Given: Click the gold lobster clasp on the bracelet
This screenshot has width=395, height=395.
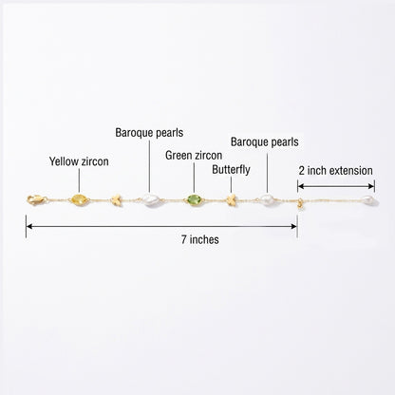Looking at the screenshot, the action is (37, 199).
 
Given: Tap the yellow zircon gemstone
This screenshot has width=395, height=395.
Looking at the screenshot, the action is (79, 199).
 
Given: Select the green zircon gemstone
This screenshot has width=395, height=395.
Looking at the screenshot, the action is (194, 200).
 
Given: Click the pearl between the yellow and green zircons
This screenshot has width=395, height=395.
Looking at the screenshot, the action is (150, 200).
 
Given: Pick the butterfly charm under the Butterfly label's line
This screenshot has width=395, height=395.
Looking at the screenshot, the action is (232, 200).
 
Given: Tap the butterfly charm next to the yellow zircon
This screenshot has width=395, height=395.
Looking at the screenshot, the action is (117, 200).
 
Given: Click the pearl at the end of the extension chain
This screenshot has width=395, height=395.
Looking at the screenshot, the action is (368, 200).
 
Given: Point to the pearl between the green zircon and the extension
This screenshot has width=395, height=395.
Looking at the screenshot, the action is (267, 200).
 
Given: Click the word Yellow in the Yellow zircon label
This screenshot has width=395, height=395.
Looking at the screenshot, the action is (64, 161).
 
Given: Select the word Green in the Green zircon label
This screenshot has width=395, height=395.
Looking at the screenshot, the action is (179, 156).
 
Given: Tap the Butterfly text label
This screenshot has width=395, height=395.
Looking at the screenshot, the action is (231, 170).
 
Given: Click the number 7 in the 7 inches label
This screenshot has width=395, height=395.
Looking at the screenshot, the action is (184, 239).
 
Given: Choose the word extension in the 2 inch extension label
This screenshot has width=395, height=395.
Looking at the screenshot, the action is (351, 171).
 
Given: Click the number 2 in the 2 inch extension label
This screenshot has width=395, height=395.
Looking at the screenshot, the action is (302, 171).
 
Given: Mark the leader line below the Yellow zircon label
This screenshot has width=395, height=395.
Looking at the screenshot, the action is (79, 180).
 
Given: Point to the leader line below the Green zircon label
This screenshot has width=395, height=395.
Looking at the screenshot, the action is (194, 178).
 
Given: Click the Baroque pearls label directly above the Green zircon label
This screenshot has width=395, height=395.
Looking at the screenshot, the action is (149, 133).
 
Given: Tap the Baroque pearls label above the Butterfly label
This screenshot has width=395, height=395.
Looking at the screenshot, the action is (265, 142).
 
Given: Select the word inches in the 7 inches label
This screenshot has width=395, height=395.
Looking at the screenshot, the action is (204, 239).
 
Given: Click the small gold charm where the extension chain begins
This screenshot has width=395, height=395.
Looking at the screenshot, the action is (299, 204).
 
